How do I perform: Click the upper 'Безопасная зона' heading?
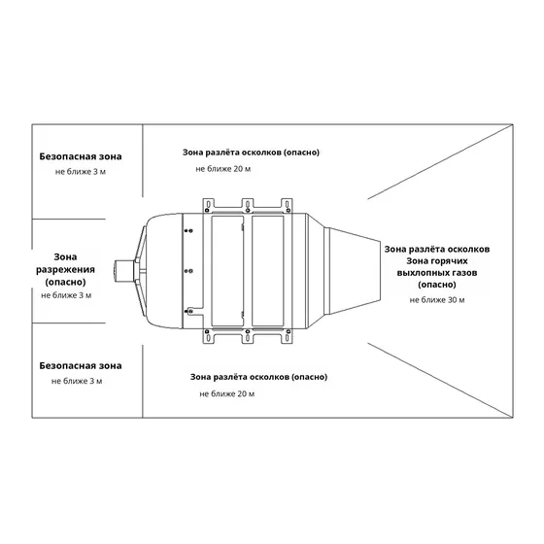click(x=81, y=156)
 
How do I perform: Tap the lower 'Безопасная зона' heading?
click(x=81, y=365)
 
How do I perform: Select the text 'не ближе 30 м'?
click(x=437, y=300)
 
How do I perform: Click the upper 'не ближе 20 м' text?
click(x=223, y=169)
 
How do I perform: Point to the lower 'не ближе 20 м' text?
click(x=227, y=393)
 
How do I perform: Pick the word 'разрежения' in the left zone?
click(x=66, y=270)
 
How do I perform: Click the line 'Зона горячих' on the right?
click(x=437, y=261)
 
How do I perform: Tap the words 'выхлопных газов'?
click(x=437, y=273)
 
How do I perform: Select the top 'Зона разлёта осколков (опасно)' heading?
click(x=251, y=153)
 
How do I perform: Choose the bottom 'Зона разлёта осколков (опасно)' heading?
click(x=258, y=377)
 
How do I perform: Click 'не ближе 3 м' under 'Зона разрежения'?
click(x=66, y=295)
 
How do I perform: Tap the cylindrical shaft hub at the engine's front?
click(x=124, y=271)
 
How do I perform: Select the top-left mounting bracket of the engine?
click(x=208, y=205)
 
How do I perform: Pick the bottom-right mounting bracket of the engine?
click(x=287, y=336)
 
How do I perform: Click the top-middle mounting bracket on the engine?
click(x=248, y=205)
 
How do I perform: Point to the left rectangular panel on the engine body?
click(x=227, y=271)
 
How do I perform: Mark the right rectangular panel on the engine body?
click(x=267, y=271)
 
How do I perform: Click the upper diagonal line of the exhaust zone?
click(x=440, y=162)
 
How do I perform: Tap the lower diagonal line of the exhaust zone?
click(x=440, y=380)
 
